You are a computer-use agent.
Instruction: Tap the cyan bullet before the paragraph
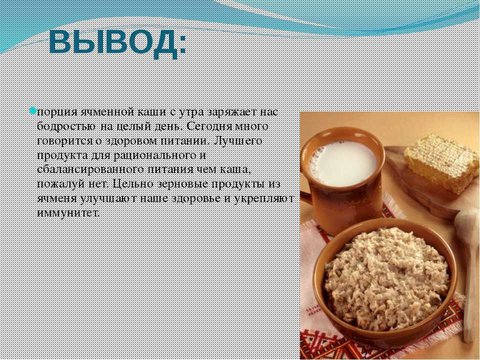coord(33,110)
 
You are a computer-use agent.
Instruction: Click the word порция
coord(57,112)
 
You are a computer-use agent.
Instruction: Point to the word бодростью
coord(66,126)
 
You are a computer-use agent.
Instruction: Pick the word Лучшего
coord(237,141)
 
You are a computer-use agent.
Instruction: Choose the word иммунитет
coord(68,212)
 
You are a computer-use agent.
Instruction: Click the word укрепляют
coord(263,198)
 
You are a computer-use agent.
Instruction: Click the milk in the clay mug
coord(342,159)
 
